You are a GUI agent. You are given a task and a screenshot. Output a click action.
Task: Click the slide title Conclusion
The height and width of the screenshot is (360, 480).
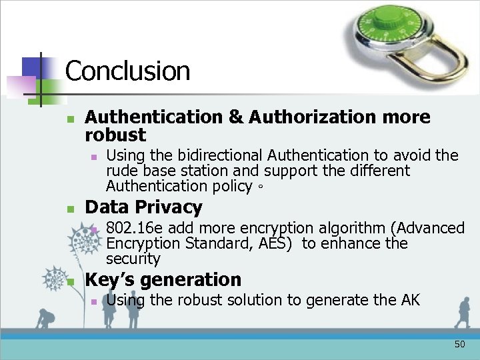click(127, 71)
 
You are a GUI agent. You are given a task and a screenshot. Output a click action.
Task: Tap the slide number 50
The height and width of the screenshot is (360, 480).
click(459, 345)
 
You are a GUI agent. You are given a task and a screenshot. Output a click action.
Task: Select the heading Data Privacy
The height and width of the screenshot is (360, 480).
click(143, 207)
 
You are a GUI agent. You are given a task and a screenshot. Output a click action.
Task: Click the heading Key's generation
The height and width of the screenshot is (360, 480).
click(163, 279)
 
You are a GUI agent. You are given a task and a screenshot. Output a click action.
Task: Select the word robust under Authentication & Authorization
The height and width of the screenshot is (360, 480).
click(115, 135)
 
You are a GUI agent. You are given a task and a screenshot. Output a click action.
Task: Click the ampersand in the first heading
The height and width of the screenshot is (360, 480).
click(235, 117)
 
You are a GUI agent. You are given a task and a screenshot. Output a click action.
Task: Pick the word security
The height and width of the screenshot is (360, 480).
click(133, 259)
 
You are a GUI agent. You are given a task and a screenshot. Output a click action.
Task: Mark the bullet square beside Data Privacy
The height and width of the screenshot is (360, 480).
click(70, 209)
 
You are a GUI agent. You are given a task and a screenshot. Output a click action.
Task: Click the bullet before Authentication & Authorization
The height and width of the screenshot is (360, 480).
click(70, 119)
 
